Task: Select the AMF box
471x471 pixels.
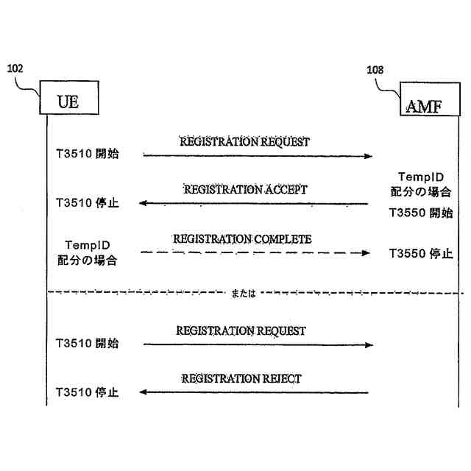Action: coord(422,106)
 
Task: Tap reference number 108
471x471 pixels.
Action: coord(375,70)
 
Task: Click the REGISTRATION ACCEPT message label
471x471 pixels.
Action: coord(245,189)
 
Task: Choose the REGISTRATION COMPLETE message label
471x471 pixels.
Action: coord(242,239)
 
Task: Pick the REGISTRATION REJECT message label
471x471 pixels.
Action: coord(241,379)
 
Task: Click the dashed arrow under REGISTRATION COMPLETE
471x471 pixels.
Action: coord(255,252)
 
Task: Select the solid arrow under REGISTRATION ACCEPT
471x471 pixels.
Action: coord(254,203)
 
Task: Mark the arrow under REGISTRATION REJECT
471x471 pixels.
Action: coord(254,392)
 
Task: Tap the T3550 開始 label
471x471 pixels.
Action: coord(421,213)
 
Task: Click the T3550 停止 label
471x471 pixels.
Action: coord(421,254)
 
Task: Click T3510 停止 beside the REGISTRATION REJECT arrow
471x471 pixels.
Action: coord(87,392)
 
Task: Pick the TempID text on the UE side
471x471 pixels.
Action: coord(88,245)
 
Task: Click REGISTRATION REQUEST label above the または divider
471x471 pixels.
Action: coord(245,141)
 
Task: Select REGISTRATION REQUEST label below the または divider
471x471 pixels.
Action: coord(241,331)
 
